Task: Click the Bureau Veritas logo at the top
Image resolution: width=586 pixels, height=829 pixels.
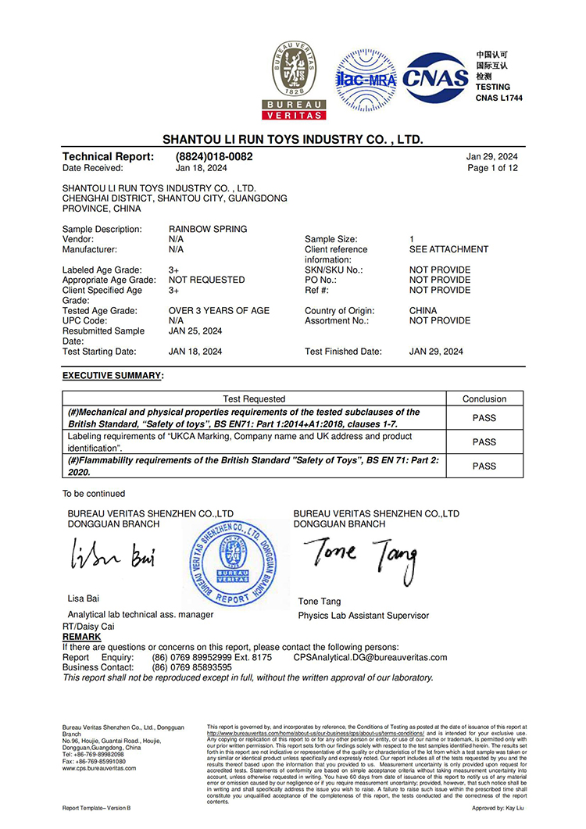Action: (298, 80)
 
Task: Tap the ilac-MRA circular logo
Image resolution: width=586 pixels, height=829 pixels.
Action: (366, 79)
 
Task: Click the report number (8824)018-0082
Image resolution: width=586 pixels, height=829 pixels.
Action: (214, 156)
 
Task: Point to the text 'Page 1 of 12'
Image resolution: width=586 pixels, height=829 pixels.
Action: (492, 168)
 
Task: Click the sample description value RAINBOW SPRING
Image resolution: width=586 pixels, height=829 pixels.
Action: (208, 229)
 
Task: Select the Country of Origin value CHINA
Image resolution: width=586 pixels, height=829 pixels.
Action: (423, 310)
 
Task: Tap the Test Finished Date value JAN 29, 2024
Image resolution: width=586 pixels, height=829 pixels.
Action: (436, 352)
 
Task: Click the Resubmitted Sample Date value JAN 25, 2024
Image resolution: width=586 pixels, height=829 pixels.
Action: (195, 331)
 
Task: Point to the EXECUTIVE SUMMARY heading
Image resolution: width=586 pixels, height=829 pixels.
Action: (113, 376)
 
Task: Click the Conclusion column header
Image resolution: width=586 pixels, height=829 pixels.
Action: (484, 398)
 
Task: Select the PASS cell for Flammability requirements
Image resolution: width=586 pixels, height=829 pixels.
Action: (484, 466)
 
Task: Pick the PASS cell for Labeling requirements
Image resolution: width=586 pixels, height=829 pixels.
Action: (484, 441)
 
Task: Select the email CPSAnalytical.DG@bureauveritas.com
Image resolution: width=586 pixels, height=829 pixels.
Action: (370, 658)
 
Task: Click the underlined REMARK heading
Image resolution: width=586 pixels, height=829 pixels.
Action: (81, 637)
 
